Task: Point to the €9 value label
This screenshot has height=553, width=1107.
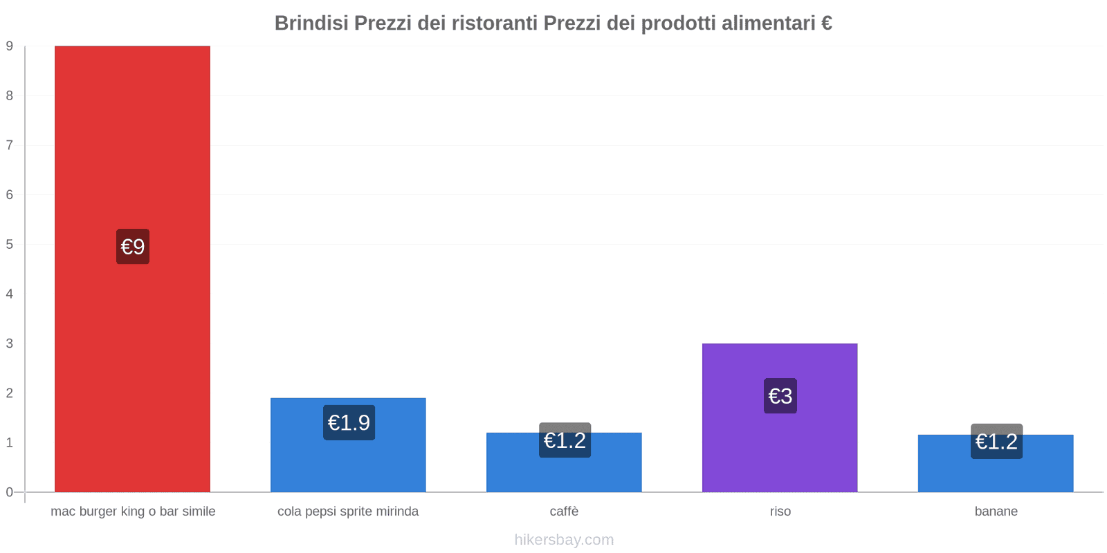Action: click(133, 247)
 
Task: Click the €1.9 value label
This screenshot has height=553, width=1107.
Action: click(349, 422)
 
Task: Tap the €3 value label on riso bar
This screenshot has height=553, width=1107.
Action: click(780, 396)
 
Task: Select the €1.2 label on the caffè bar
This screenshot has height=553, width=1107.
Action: click(565, 440)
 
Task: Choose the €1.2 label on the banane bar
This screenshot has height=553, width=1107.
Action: click(996, 441)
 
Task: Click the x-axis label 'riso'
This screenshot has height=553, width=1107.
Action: click(780, 512)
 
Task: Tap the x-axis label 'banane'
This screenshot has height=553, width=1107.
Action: click(996, 512)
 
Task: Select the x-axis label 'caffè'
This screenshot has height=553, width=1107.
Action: click(564, 512)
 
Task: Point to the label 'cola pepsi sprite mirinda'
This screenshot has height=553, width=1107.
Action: click(348, 512)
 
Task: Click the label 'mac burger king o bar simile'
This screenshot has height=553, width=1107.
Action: click(133, 512)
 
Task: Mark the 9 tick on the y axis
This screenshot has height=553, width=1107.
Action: click(10, 46)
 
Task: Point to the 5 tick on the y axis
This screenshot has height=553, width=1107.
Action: click(10, 244)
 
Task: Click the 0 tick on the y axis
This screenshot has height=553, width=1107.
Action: click(10, 492)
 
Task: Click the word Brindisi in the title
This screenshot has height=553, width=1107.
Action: click(311, 24)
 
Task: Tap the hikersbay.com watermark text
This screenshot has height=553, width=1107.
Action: click(564, 540)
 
